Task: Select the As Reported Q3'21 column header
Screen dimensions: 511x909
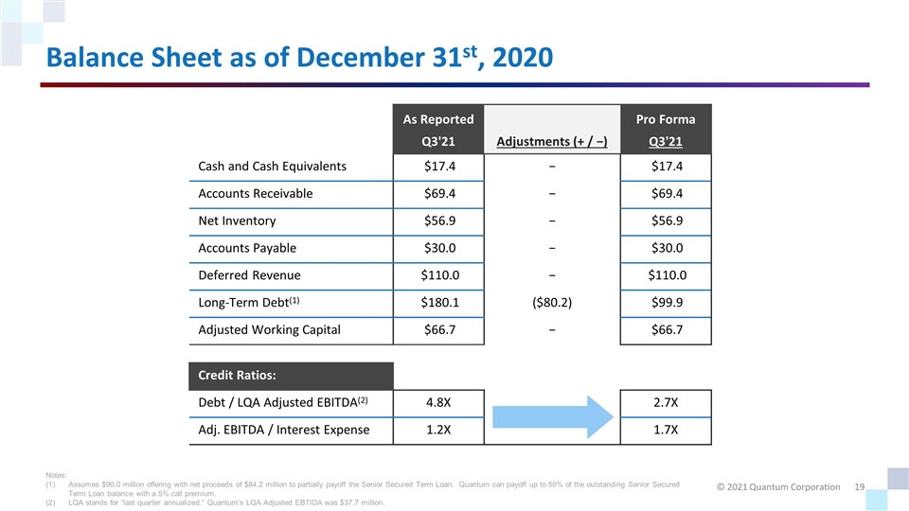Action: tap(438, 132)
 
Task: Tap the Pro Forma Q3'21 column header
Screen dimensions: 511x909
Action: tap(667, 132)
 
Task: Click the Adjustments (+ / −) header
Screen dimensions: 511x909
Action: tap(551, 143)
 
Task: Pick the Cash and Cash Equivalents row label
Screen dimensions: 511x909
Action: tap(272, 167)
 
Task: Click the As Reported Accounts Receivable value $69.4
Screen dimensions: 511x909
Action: tap(438, 194)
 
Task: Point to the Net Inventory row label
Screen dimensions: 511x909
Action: tap(237, 220)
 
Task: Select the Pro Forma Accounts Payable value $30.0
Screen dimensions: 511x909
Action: tap(667, 248)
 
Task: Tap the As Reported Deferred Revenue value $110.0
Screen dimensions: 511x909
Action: tap(438, 275)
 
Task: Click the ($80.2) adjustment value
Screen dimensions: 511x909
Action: tap(551, 303)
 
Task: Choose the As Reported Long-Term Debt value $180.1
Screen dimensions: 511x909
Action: tap(438, 303)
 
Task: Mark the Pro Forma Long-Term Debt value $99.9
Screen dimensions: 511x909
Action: tap(667, 303)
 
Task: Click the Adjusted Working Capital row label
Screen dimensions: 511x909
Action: tap(269, 330)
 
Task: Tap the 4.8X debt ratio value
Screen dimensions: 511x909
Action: tap(438, 404)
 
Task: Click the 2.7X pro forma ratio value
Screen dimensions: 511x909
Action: tap(667, 404)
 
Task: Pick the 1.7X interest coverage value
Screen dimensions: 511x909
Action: tap(667, 432)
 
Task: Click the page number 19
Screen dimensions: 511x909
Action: tap(860, 486)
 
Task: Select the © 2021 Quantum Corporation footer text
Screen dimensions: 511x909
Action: tap(779, 486)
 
